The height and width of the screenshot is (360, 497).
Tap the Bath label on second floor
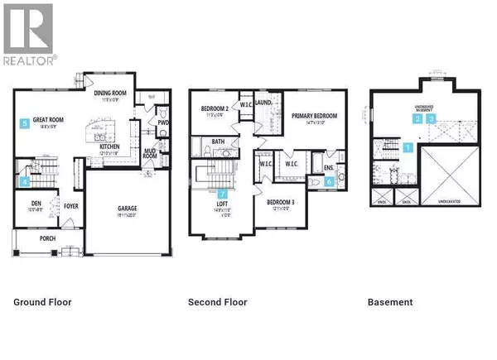pyautogui.click(x=218, y=142)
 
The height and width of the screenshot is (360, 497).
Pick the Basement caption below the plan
pyautogui.click(x=389, y=302)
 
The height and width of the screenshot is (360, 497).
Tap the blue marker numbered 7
pyautogui.click(x=221, y=195)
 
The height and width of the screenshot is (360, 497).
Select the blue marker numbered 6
pyautogui.click(x=329, y=181)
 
